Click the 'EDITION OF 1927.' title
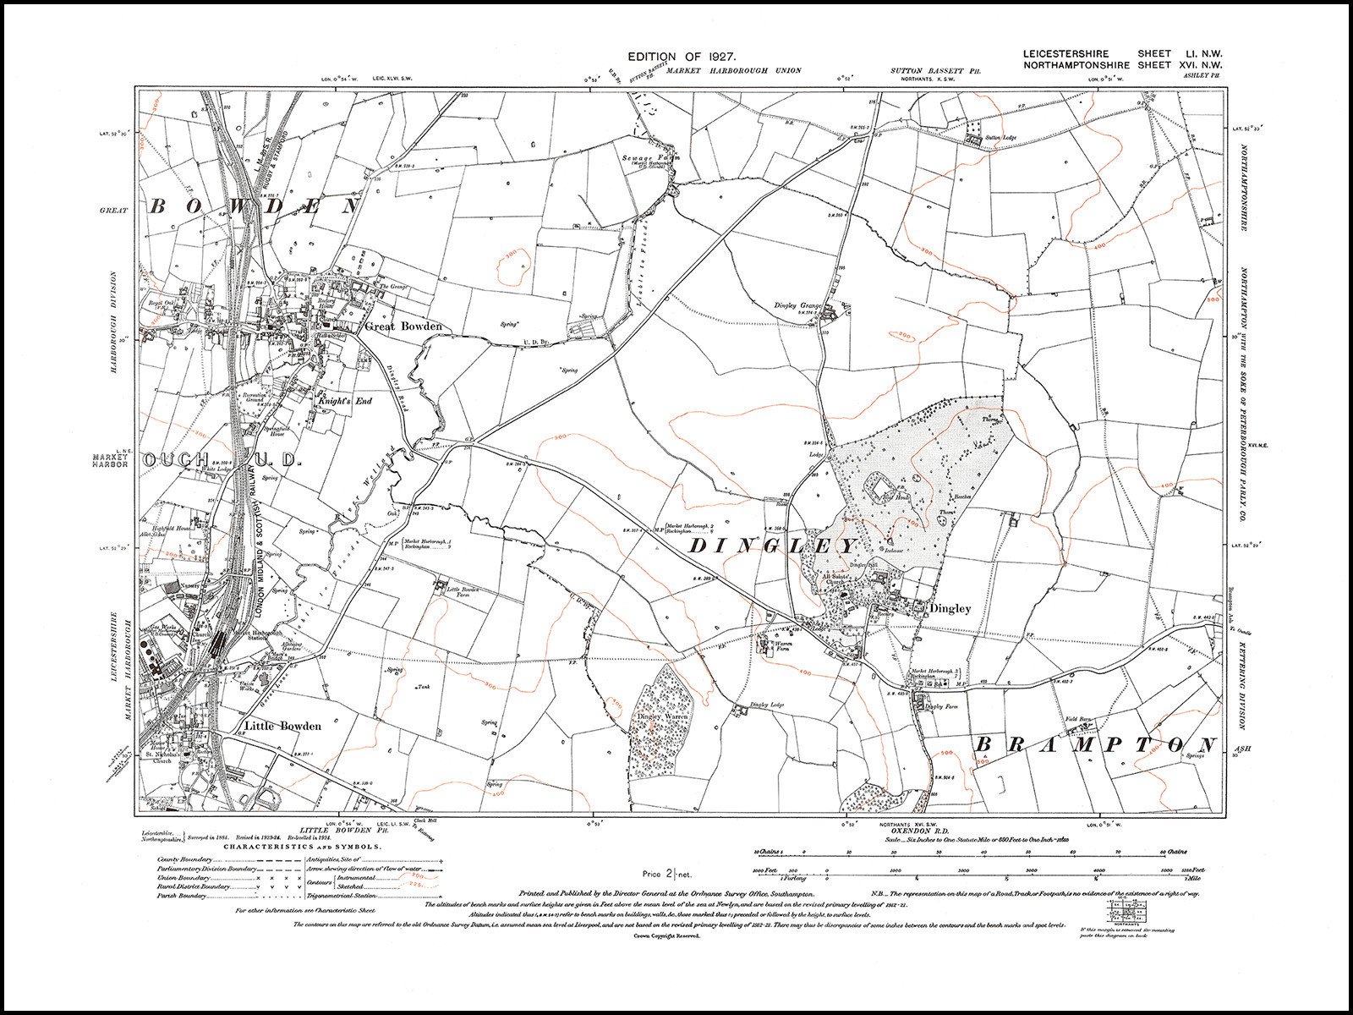click(680, 56)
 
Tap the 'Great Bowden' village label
click(403, 326)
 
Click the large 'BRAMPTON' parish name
click(1096, 744)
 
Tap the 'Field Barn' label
click(1079, 719)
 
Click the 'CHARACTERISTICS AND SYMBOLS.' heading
click(301, 846)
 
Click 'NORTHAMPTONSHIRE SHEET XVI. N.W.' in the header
click(1122, 65)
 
